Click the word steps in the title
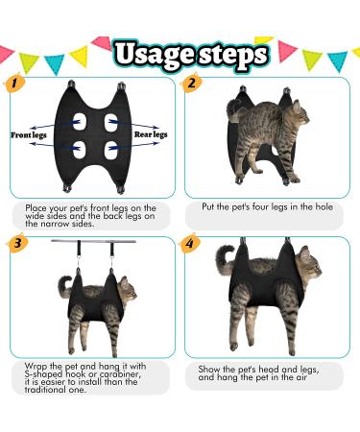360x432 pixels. pyautogui.click(x=227, y=54)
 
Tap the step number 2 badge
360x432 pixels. pyautogui.click(x=192, y=84)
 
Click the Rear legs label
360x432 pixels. pyautogui.click(x=148, y=134)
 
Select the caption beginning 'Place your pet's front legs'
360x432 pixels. pyautogui.click(x=87, y=212)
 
